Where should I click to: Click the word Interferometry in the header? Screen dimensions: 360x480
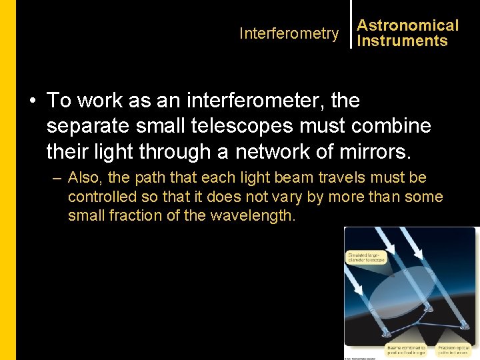[289, 33]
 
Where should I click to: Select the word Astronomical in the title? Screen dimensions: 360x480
[407, 25]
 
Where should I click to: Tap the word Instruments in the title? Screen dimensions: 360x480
[402, 41]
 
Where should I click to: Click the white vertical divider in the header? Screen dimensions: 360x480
[351, 25]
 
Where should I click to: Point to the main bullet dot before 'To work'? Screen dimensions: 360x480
[33, 101]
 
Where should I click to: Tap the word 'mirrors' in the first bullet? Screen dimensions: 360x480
[373, 151]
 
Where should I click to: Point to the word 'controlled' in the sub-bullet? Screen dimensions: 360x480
[102, 197]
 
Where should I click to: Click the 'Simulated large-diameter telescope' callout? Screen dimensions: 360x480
[365, 257]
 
